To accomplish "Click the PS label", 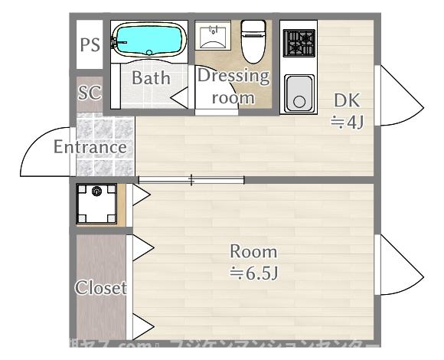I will [90, 44].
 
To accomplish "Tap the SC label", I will [90, 93].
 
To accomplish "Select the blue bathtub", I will [149, 40].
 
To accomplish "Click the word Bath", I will [151, 77].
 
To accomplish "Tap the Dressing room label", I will [233, 87].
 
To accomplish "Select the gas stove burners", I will [299, 42].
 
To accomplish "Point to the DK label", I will [346, 100].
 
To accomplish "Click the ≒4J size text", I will [346, 121].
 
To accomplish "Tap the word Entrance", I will [90, 146].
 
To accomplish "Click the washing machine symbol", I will [97, 204].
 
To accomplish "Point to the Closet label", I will [100, 288].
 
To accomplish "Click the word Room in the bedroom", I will [253, 251].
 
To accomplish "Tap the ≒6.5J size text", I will [253, 272].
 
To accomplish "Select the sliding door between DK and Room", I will [191, 180].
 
